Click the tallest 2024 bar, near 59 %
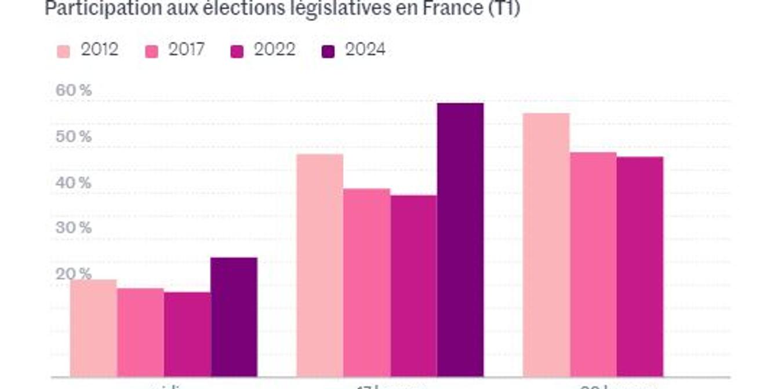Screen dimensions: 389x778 [460, 240]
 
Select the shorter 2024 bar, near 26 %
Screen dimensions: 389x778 [234, 317]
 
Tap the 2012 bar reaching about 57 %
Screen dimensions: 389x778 [546, 245]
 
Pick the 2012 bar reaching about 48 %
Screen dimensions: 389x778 [319, 265]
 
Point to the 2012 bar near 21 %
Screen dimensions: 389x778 [93, 328]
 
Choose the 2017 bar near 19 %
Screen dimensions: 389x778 [140, 332]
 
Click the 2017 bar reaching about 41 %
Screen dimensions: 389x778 [366, 282]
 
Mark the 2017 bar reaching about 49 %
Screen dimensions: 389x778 [593, 264]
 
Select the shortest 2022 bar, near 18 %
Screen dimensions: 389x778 [187, 335]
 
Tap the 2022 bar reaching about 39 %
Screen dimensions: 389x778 [413, 286]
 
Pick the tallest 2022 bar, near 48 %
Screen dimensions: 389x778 [640, 267]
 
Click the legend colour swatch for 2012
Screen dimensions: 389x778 [63, 51]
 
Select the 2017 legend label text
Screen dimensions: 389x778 [186, 50]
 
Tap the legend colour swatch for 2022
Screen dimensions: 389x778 [237, 51]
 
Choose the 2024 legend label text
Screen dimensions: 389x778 [365, 50]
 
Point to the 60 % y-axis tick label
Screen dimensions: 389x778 [74, 90]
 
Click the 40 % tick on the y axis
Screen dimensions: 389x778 [74, 183]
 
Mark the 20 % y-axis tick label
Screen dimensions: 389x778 [74, 274]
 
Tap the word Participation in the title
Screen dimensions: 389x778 [93, 9]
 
